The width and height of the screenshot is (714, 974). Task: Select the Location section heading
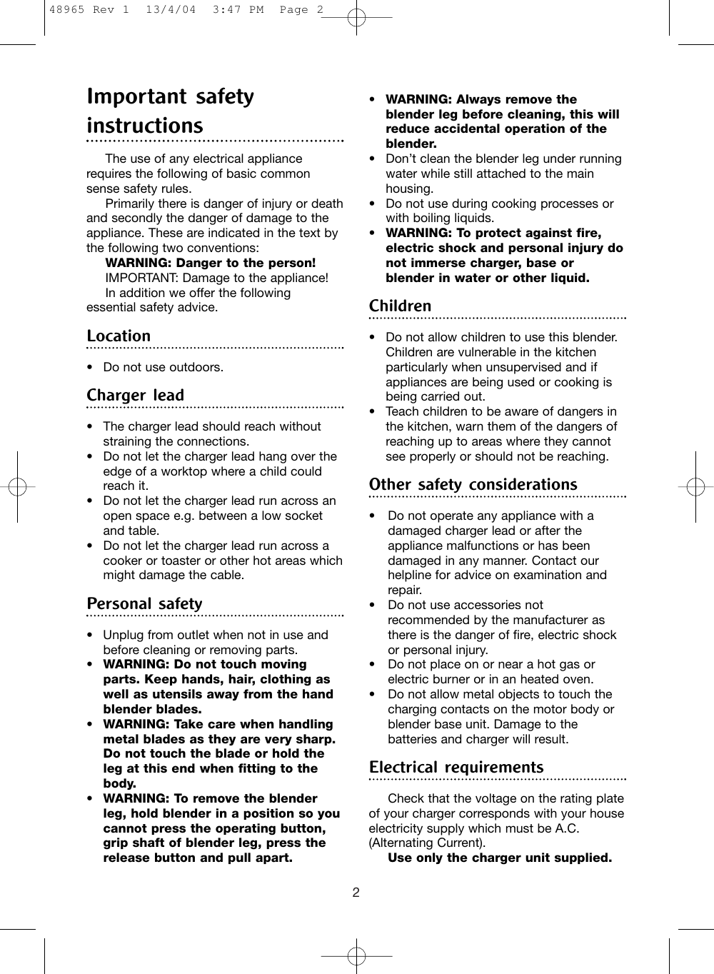[119, 336]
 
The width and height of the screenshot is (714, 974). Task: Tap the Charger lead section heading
[135, 395]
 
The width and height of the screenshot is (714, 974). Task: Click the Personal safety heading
[144, 603]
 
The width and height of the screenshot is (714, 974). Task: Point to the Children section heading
[400, 306]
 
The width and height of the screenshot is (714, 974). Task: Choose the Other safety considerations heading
[473, 484]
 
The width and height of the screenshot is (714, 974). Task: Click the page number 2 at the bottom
[356, 893]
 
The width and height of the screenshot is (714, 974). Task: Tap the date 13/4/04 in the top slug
[170, 10]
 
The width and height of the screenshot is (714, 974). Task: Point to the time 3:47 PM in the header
[239, 10]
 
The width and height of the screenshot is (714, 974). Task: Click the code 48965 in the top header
[66, 10]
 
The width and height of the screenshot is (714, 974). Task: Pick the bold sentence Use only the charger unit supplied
[499, 858]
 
